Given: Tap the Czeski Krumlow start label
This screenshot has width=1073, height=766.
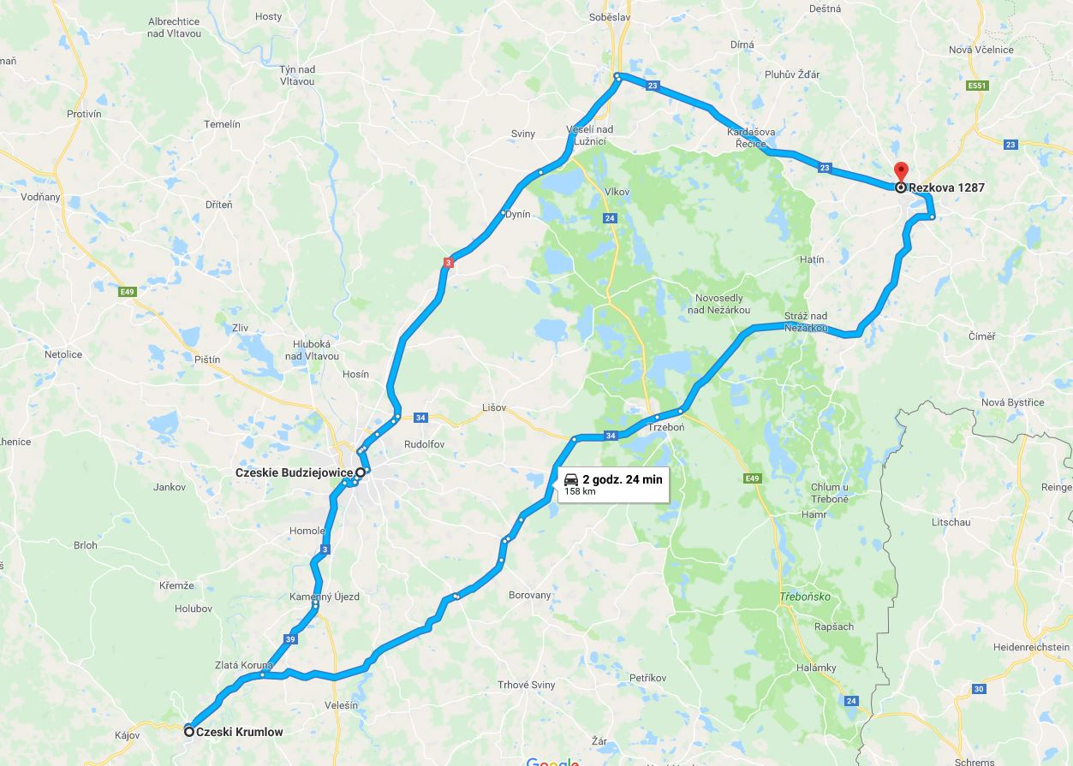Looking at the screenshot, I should pos(239,732).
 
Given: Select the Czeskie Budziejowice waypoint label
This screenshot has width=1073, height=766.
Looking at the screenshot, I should pos(294,472).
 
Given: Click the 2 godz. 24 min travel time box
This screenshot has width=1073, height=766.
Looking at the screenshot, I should pos(613,484).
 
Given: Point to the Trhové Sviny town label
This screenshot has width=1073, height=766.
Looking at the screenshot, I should pos(526,685).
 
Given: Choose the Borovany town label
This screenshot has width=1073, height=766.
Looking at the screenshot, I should pos(530,595).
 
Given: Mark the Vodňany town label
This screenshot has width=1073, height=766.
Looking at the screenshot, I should pos(40,197).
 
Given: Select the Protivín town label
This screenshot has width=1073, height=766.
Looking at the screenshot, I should pos(84,114).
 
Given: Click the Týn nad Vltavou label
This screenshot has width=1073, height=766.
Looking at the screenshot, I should pos(297,75).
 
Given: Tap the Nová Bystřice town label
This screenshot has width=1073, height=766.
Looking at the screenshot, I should pos(1012,402).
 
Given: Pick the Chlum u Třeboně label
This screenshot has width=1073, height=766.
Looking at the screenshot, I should pos(830,493).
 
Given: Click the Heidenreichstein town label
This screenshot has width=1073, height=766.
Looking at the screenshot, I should pos(1031,648).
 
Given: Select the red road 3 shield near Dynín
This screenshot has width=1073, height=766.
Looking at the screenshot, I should pos(447,263).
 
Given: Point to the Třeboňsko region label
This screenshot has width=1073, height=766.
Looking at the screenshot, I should pos(804,597).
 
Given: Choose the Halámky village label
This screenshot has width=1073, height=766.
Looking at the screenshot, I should pos(815,668).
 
